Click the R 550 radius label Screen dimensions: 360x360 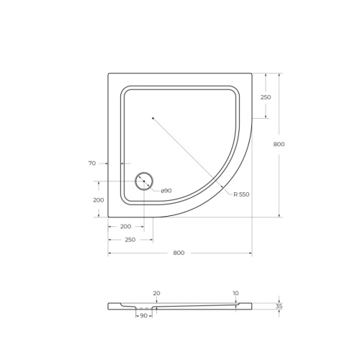(x=240, y=194)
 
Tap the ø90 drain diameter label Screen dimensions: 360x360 (x=166, y=190)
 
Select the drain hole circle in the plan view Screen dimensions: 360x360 (x=144, y=181)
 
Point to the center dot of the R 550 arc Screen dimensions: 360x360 (x=153, y=117)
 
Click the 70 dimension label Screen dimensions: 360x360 (x=92, y=163)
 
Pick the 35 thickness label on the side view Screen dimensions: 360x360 (x=279, y=306)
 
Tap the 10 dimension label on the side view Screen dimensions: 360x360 (x=235, y=293)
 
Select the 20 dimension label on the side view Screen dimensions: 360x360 (x=156, y=293)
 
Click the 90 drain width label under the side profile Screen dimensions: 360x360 (x=143, y=316)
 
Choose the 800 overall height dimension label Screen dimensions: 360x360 (x=279, y=144)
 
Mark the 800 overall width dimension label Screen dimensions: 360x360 (x=179, y=253)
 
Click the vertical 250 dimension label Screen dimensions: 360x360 (x=266, y=97)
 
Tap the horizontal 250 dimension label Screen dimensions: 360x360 (x=130, y=240)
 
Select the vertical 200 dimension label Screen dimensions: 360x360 (x=99, y=199)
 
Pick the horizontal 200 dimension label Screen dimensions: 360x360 (x=125, y=226)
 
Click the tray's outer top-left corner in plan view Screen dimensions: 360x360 (x=109, y=73)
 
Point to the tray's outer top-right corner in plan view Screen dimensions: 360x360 (x=251, y=73)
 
